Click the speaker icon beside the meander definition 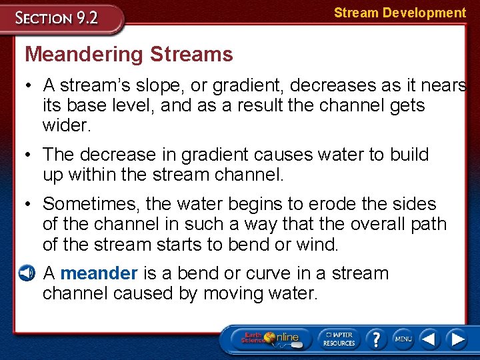[25, 273]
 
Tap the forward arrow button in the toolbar [457, 339]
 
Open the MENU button [403, 339]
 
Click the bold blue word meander [99, 273]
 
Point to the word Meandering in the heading [83, 54]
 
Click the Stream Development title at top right [399, 13]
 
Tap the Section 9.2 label [57, 17]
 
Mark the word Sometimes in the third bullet [89, 204]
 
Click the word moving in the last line [232, 293]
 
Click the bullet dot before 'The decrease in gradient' [31, 155]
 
